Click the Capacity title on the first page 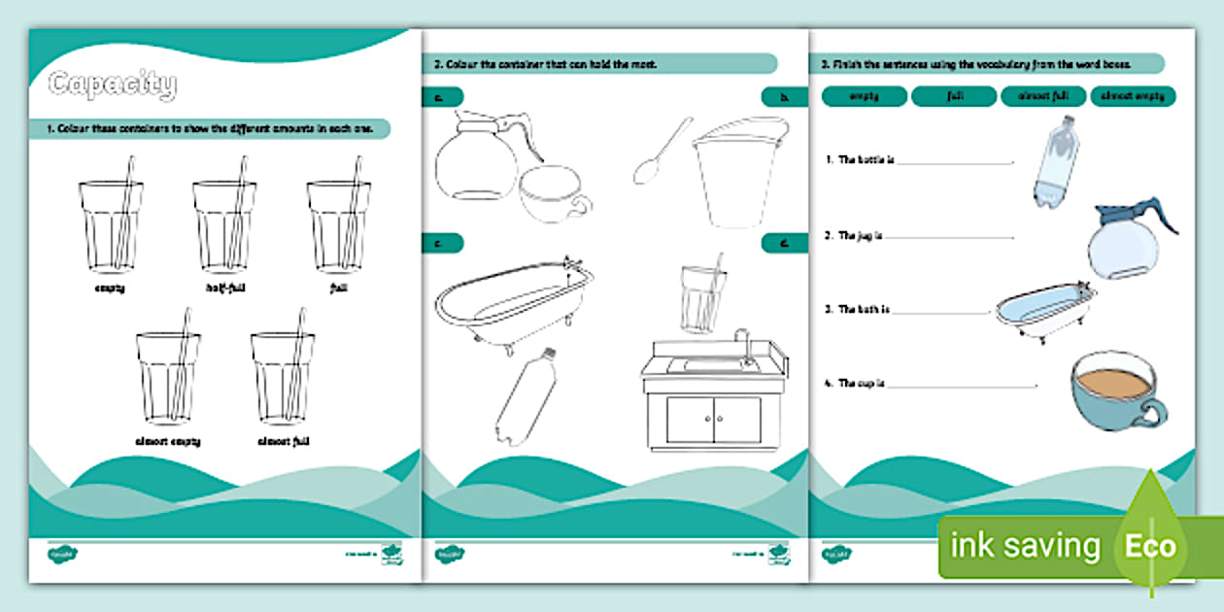112,85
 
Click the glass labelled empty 110,225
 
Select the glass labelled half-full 223,225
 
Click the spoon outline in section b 661,152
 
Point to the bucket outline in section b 738,169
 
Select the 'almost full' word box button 1043,96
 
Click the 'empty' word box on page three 864,96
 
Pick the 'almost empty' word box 1133,96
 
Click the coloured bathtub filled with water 1045,309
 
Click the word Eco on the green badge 1151,546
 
